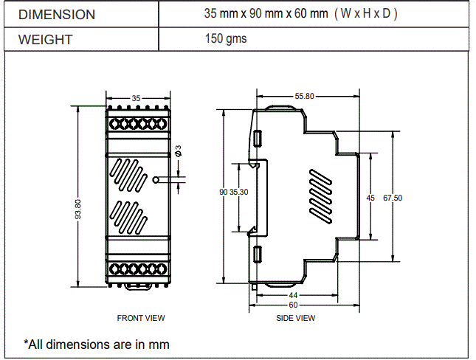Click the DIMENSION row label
point(56,15)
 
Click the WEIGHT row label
point(45,39)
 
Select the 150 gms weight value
point(226,38)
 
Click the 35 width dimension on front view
point(136,97)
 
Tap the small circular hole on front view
point(156,179)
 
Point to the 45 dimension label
point(370,197)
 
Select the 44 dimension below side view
point(293,295)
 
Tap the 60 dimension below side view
point(293,304)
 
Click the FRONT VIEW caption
point(141,318)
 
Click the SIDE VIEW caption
point(295,318)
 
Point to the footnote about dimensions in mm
point(97,344)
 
